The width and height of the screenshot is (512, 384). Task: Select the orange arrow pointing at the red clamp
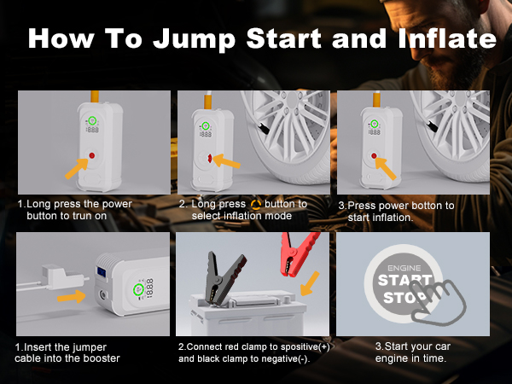pyautogui.click(x=308, y=283)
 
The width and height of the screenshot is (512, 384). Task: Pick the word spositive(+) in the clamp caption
pyautogui.click(x=300, y=347)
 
